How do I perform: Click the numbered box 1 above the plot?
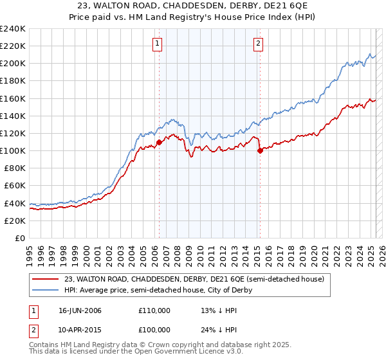(x=158, y=44)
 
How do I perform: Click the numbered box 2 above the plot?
(x=258, y=44)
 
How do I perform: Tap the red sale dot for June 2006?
(x=159, y=142)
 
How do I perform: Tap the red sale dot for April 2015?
(x=260, y=151)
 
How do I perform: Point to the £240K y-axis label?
(x=13, y=29)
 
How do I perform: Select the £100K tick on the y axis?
(x=13, y=150)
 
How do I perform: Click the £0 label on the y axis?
(x=20, y=238)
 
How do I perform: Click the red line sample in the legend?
(x=46, y=278)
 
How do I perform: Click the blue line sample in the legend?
(x=46, y=290)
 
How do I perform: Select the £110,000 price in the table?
(x=154, y=311)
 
